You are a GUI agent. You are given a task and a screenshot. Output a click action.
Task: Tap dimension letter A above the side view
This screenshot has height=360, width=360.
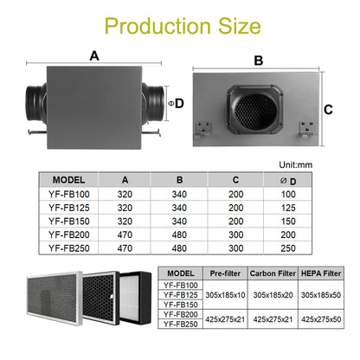pos(93,55)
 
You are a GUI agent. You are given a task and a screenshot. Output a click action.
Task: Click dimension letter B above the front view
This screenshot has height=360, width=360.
pos(257,61)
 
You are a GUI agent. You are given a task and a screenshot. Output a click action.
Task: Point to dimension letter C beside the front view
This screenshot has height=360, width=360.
pos(328,110)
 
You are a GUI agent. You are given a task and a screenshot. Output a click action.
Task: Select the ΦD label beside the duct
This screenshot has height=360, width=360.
pos(178,103)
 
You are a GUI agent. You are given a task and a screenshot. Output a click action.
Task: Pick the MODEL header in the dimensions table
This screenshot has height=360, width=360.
pos(74,181)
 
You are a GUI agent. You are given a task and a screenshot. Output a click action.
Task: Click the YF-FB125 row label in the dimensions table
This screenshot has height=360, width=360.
pos(75,209)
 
